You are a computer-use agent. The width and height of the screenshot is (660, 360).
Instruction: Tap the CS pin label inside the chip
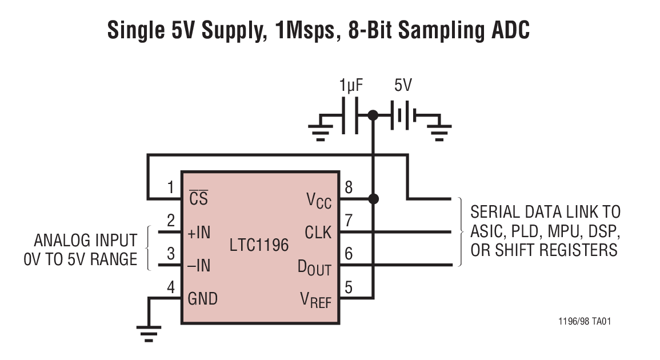[198, 198]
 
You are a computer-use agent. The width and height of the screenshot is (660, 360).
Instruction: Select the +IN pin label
[199, 233]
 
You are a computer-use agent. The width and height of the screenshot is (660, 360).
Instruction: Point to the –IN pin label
[199, 266]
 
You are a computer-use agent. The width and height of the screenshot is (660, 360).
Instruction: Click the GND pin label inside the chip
[203, 298]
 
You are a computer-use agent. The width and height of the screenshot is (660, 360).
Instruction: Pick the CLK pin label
[318, 233]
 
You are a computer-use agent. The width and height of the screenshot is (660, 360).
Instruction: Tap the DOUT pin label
[314, 267]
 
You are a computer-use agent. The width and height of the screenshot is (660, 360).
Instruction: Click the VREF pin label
[315, 299]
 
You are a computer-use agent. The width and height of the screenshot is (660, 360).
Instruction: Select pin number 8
[349, 187]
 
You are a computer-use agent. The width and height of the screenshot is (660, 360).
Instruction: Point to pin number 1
[170, 187]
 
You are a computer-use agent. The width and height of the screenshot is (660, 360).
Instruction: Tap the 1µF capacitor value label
[351, 86]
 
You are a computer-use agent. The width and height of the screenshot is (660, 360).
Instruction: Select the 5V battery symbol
[403, 116]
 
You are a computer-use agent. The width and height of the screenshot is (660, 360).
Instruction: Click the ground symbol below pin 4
[149, 333]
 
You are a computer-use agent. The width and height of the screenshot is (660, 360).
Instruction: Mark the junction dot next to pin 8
[373, 199]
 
